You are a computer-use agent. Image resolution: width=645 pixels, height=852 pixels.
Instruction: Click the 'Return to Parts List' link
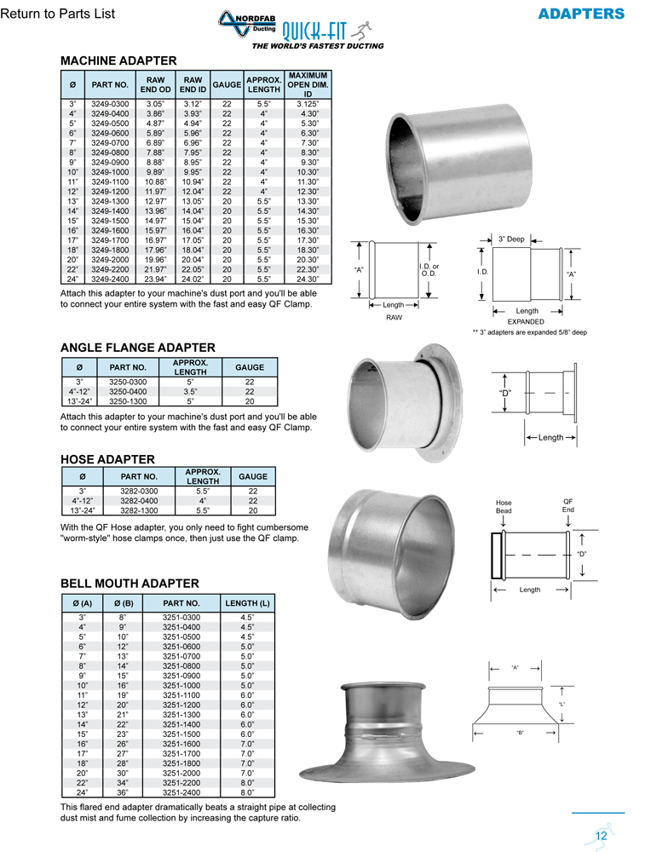(58, 14)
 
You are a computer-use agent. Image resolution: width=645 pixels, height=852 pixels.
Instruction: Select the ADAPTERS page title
(581, 14)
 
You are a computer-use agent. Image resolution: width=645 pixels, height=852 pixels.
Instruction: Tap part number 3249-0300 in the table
(110, 103)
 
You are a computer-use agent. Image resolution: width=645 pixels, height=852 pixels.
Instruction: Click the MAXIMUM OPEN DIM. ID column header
(308, 84)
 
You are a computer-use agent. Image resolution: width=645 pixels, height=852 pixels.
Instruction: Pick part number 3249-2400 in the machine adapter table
(110, 279)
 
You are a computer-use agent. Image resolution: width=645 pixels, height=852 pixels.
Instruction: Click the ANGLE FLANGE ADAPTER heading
(137, 348)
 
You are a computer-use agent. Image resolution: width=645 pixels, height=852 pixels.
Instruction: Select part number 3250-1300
(128, 400)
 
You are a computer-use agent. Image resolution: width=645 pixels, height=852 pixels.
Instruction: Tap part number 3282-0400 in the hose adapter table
(138, 500)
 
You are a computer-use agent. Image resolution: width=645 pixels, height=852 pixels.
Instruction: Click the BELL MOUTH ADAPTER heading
(130, 584)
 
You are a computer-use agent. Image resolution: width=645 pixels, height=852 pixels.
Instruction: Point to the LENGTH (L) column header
(247, 603)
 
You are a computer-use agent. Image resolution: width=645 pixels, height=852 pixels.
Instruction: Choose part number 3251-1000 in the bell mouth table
(181, 685)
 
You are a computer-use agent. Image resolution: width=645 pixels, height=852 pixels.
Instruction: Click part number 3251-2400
(181, 792)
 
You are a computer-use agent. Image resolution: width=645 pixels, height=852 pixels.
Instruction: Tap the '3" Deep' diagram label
(511, 239)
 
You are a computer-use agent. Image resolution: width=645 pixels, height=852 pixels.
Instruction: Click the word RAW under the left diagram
(394, 317)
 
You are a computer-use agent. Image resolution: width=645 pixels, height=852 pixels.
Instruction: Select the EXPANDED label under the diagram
(526, 322)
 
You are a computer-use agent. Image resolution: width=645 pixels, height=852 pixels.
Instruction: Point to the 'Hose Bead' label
(504, 507)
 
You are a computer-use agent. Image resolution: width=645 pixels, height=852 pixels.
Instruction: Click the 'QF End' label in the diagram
(568, 505)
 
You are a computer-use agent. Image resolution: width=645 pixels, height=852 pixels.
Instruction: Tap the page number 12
(602, 835)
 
